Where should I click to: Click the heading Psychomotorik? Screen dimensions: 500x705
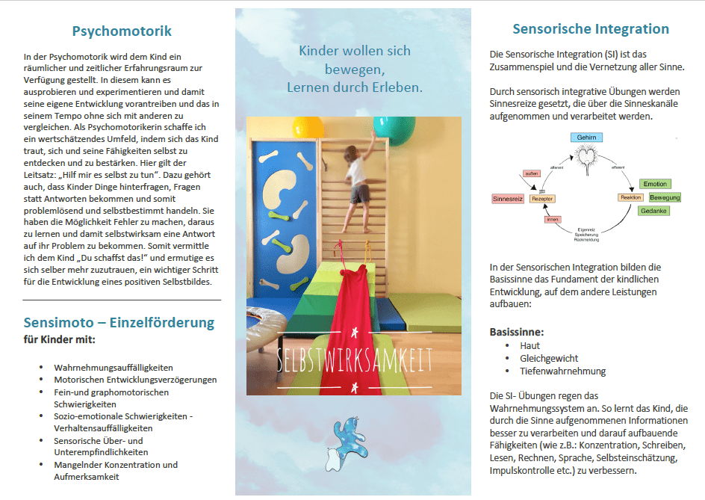tap(122, 31)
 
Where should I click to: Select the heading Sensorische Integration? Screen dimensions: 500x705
tap(590, 29)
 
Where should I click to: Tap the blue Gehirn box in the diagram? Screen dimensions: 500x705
tap(586, 138)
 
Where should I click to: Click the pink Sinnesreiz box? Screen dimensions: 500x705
tap(508, 199)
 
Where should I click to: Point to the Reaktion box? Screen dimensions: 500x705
tap(630, 197)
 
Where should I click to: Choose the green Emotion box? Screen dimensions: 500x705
tap(655, 184)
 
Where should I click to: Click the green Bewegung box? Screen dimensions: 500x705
tap(664, 197)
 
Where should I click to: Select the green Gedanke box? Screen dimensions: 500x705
tap(653, 211)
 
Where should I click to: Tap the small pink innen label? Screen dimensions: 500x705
tap(553, 220)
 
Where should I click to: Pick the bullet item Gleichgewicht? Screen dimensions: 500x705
tap(549, 358)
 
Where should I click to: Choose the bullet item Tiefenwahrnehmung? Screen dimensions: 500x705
tap(562, 371)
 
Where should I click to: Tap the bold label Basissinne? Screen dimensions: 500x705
tap(518, 331)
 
